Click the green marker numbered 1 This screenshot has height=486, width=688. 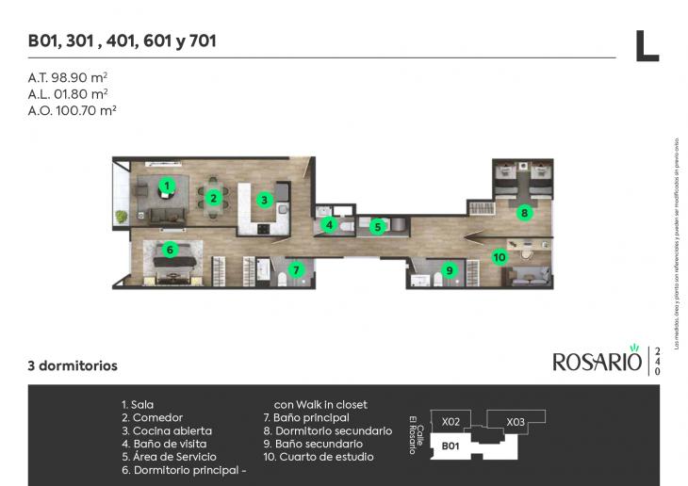tap(167, 186)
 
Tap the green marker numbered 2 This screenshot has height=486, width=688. tap(214, 198)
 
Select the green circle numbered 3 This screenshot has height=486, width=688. tap(266, 200)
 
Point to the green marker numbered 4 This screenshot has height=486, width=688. tap(329, 225)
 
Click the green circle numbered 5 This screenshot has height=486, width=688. tap(377, 226)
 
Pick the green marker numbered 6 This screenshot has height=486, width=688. tap(170, 250)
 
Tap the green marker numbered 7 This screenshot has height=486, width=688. tap(297, 270)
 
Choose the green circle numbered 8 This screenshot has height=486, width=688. tap(524, 213)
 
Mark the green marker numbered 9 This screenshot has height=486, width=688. tap(450, 270)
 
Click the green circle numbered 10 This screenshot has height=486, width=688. tap(500, 255)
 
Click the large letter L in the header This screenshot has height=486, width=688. tap(646, 45)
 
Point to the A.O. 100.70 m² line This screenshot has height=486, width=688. tap(72, 109)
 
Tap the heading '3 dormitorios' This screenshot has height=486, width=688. tap(72, 364)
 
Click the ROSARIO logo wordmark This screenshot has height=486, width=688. tap(597, 361)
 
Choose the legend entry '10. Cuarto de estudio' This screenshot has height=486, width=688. tap(318, 457)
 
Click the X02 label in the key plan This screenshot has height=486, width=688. tap(450, 421)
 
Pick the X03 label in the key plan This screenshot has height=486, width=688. tap(515, 422)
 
